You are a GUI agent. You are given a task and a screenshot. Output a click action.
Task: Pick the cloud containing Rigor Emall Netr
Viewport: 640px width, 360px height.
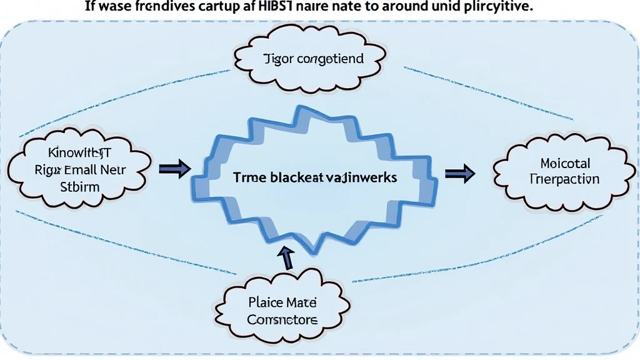coord(79,169)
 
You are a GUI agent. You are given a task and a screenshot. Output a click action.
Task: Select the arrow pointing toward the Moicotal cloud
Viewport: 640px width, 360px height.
coord(459,175)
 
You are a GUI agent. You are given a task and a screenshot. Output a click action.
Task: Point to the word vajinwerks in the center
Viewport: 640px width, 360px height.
coord(362,177)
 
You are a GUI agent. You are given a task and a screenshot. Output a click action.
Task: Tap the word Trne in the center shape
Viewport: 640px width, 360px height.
coord(249,177)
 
